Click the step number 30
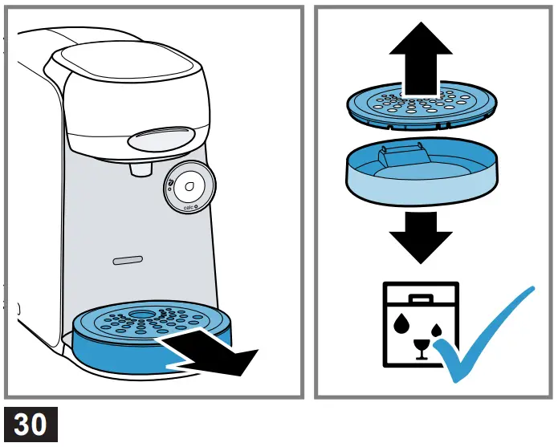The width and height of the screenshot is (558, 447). point(31,424)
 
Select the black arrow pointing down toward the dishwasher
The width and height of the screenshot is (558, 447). point(420,238)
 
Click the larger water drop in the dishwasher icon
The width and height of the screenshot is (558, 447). point(401,322)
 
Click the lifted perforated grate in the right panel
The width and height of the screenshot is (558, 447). point(421,104)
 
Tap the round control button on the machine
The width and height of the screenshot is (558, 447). point(190,188)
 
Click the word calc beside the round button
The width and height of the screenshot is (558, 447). point(190,209)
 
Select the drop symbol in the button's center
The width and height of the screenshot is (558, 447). point(190,187)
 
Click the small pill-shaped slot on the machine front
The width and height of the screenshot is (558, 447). point(126,261)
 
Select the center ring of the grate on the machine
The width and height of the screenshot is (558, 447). point(142,312)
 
